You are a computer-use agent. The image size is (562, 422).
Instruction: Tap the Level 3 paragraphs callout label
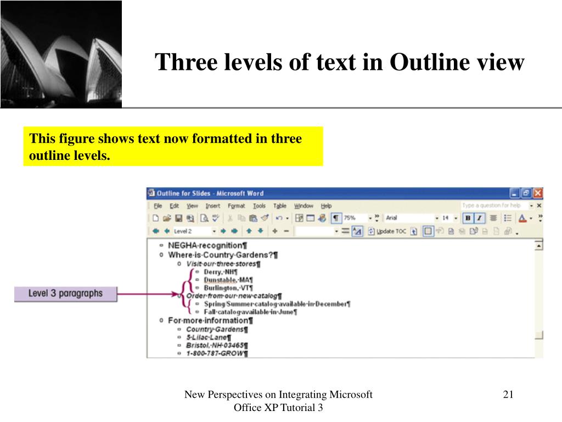66,293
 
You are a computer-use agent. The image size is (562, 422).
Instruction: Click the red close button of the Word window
538,193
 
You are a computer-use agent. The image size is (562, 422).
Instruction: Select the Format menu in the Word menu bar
236,206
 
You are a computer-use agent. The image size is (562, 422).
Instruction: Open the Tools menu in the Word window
259,206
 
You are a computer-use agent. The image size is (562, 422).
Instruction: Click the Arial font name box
409,218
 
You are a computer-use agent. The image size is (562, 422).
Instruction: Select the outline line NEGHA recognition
207,246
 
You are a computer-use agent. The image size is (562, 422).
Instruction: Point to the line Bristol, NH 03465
216,346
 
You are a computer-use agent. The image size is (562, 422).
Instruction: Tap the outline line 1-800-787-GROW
216,354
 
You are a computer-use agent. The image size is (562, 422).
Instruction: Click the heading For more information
210,320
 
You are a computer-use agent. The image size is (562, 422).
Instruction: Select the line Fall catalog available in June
250,312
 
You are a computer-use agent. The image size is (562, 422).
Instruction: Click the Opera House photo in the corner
61,54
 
